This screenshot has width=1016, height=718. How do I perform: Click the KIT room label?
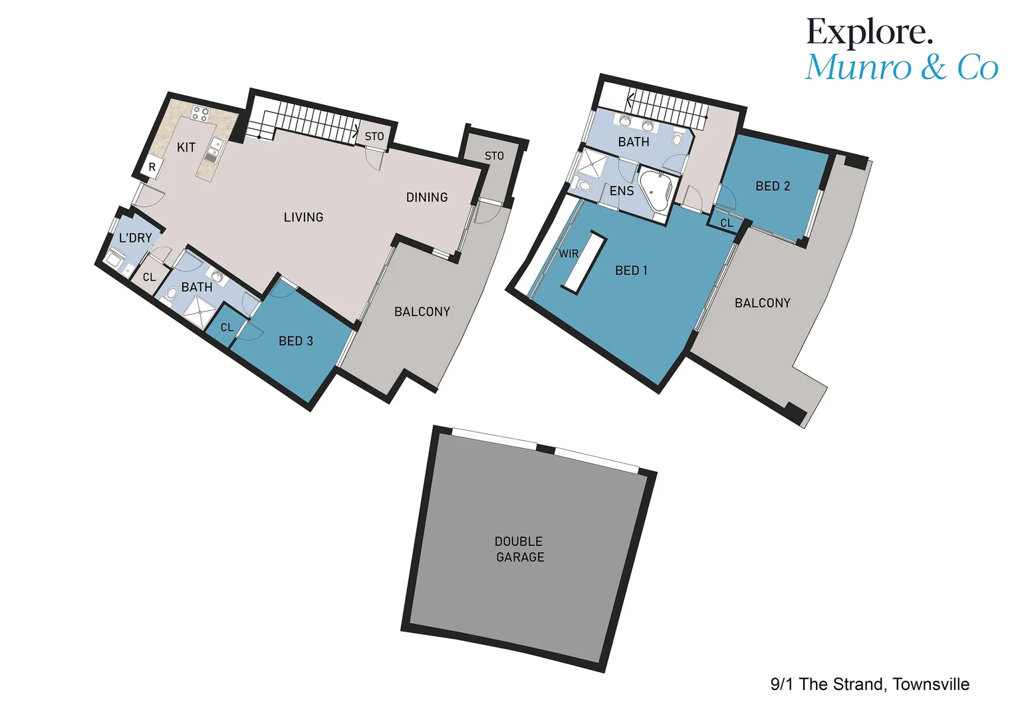(186, 148)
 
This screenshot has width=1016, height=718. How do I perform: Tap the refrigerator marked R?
(152, 168)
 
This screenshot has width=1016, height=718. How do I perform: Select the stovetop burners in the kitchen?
(200, 114)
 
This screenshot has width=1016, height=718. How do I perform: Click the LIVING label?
(303, 217)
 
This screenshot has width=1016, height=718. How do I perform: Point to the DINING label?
(427, 197)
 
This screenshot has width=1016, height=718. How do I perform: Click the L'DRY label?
(136, 238)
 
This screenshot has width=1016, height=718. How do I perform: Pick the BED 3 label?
(296, 341)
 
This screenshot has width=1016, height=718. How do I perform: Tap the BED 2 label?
(773, 186)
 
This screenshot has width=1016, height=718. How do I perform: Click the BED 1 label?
(631, 271)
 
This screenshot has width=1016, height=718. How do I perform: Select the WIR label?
(569, 254)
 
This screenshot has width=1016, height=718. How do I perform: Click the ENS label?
(622, 191)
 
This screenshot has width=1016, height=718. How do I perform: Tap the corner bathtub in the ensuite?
(656, 190)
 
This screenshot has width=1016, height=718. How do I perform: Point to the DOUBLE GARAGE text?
(519, 550)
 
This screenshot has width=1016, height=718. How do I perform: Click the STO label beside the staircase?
(374, 136)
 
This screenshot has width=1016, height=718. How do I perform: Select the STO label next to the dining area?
(494, 156)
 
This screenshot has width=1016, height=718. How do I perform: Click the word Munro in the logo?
(858, 68)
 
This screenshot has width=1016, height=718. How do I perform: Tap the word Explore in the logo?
(868, 32)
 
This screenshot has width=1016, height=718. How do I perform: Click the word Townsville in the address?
(931, 684)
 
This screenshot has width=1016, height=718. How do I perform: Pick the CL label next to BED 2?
(727, 223)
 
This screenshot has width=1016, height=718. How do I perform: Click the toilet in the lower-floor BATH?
(171, 293)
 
